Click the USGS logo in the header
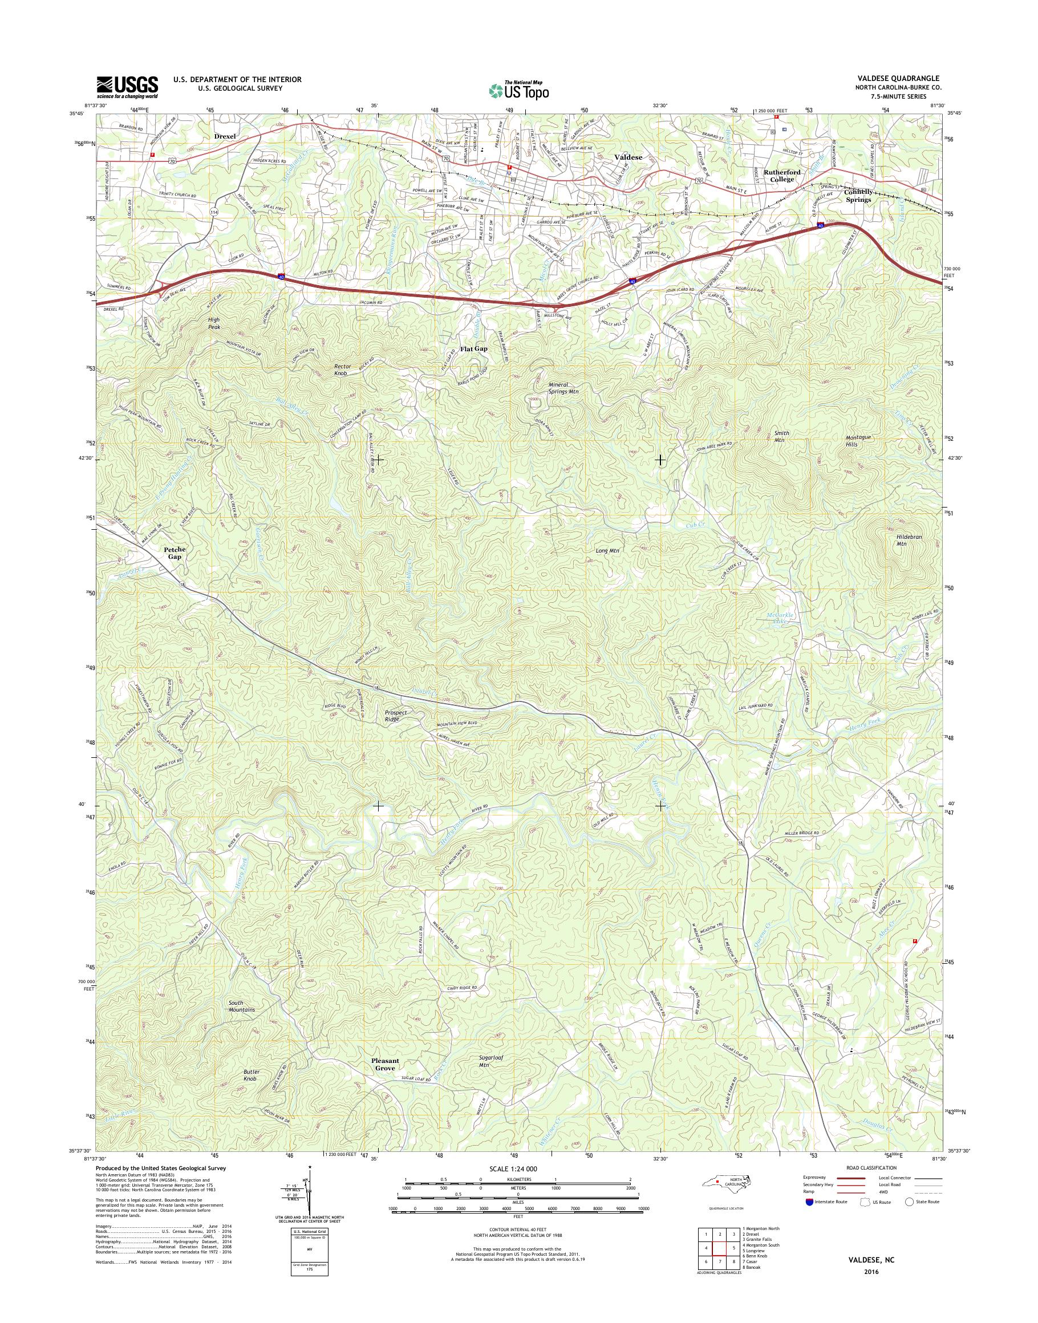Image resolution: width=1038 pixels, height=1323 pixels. tap(127, 87)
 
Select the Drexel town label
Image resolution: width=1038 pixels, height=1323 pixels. tap(224, 137)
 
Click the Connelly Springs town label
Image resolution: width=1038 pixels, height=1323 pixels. tap(857, 195)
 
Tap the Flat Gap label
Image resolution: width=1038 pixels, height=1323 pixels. tap(473, 349)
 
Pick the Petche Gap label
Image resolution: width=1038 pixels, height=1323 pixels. tap(175, 553)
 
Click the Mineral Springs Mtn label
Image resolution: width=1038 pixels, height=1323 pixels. tap(558, 388)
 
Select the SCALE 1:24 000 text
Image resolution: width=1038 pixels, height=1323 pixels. tap(513, 1168)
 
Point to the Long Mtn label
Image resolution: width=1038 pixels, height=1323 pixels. tap(606, 551)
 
